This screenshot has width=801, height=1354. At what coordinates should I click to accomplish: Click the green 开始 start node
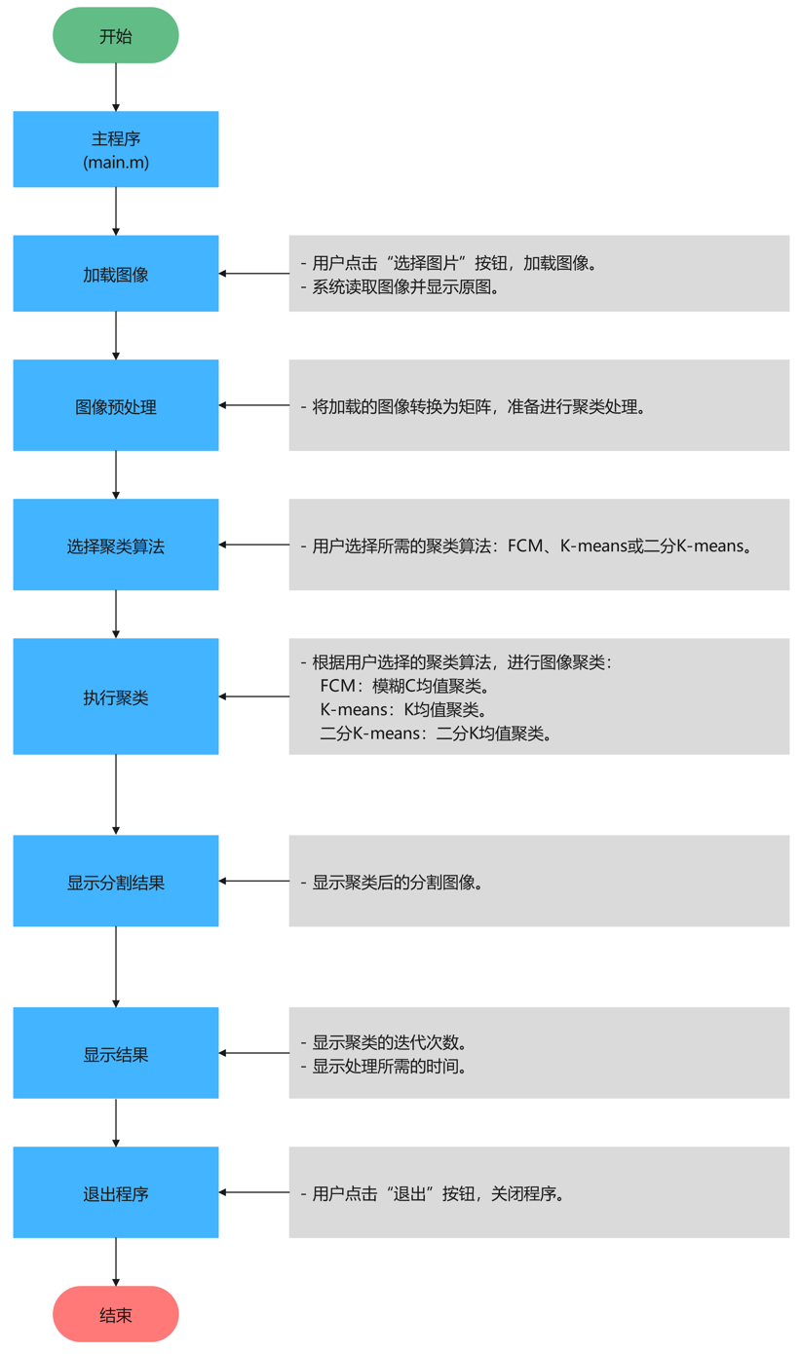coord(115,36)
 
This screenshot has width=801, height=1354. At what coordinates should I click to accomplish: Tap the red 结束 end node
coord(115,1314)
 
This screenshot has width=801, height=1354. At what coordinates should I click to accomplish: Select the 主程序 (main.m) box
coord(115,149)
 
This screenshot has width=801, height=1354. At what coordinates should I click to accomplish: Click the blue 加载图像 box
coord(115,274)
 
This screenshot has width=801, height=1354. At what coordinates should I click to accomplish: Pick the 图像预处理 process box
coord(115,406)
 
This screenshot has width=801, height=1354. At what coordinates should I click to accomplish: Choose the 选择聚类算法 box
coord(115,545)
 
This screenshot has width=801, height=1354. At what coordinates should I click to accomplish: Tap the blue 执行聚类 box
coord(115,696)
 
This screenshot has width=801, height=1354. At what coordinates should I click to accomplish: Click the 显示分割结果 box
coord(115,882)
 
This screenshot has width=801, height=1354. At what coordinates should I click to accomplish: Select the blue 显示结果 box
coord(115,1053)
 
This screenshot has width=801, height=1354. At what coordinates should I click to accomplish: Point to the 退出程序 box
coord(115,1192)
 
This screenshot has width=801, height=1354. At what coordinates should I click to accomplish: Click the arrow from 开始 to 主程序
coord(116,87)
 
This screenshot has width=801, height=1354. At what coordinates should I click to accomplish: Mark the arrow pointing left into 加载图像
coord(253,274)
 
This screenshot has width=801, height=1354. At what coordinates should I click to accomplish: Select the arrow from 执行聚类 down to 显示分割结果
coord(116,794)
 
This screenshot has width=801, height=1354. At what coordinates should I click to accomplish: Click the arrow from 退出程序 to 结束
coord(116,1261)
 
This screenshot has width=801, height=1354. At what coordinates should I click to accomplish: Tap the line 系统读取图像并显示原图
coord(404,286)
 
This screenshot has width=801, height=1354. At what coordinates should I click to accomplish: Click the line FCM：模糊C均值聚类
coord(402,686)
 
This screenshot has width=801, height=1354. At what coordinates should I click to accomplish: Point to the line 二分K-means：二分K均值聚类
coord(436,733)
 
